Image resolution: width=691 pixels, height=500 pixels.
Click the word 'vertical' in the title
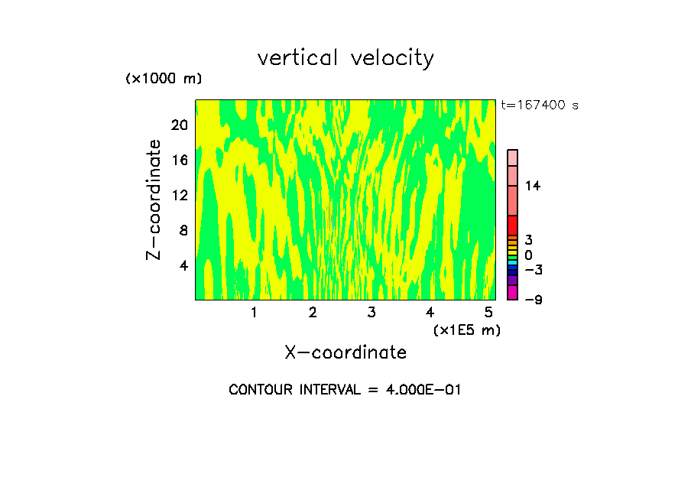[x=298, y=58]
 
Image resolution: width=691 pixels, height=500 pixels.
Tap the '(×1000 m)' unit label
[x=163, y=80]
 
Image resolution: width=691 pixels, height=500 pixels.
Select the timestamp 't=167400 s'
[x=540, y=106]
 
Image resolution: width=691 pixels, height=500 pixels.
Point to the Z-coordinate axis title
[x=154, y=200]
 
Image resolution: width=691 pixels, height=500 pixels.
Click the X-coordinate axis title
[x=345, y=352]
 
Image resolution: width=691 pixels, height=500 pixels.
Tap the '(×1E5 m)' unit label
[x=466, y=330]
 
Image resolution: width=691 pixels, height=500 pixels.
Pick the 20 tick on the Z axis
[x=178, y=125]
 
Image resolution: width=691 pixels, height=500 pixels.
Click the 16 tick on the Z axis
[x=178, y=160]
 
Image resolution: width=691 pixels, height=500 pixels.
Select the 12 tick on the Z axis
[x=178, y=195]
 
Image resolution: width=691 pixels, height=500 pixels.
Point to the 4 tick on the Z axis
[x=182, y=265]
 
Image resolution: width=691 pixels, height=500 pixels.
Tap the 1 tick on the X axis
[x=254, y=313]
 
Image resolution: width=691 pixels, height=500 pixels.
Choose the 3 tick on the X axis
[x=371, y=313]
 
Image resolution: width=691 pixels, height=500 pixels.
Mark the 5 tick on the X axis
[x=488, y=313]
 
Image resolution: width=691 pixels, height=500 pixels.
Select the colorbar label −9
[x=533, y=300]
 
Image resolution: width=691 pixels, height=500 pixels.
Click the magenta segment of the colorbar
[x=512, y=292]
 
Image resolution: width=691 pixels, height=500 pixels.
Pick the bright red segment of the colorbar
[x=512, y=226]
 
